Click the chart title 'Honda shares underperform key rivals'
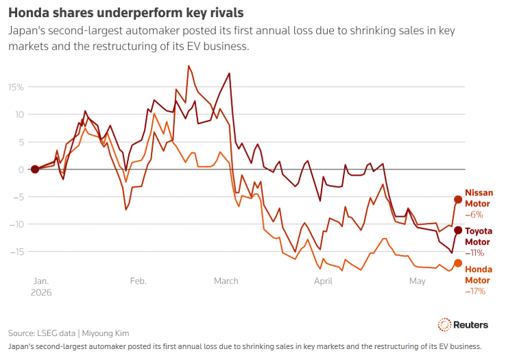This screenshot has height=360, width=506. tap(126, 13)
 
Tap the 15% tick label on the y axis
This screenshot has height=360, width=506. tap(16, 87)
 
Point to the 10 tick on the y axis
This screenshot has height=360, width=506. tap(19, 115)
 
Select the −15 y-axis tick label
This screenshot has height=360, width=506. tap(16, 252)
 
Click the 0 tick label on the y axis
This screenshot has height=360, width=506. tap(21, 169)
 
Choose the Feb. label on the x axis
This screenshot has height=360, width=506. tap(138, 281)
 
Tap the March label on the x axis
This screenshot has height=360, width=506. tap(226, 281)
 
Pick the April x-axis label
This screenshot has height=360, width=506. tap(323, 281)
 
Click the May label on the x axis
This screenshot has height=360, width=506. tap(418, 281)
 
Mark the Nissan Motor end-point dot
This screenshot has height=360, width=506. tap(458, 200)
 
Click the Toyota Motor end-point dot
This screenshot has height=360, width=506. tap(458, 230)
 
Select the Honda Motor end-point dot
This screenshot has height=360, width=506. tap(458, 263)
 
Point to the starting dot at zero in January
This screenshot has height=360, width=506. tap(35, 169)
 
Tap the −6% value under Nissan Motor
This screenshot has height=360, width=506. tap(474, 215)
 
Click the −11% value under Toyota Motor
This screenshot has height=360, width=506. tap(474, 253)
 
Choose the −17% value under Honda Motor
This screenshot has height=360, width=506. tap(475, 291)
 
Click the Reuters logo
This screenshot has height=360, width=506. tap(463, 324)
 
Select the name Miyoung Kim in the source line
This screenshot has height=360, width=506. tap(106, 333)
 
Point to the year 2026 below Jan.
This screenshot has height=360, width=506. tap(41, 293)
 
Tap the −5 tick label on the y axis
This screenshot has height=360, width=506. tap(18, 197)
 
